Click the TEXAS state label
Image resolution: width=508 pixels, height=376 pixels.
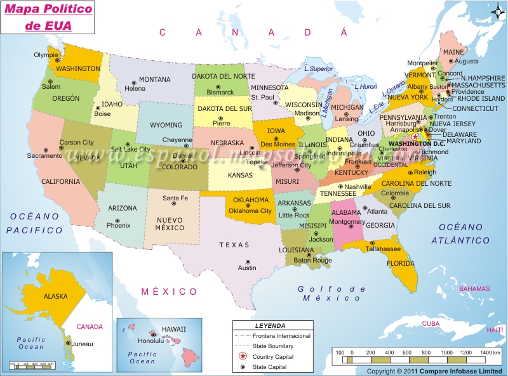tap(230, 245)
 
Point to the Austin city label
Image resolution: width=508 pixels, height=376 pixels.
tap(247, 268)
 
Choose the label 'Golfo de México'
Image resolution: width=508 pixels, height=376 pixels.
tap(331, 293)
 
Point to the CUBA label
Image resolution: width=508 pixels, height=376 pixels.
tap(431, 323)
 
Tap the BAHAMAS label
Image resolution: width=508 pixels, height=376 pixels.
tap(474, 289)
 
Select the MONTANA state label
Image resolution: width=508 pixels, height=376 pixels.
tap(154, 80)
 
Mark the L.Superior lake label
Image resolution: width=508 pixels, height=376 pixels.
tap(318, 68)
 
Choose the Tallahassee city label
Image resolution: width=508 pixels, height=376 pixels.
tap(382, 249)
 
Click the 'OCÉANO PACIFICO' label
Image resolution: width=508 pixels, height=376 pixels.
tap(35, 223)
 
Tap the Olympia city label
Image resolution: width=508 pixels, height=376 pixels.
tap(46, 55)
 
